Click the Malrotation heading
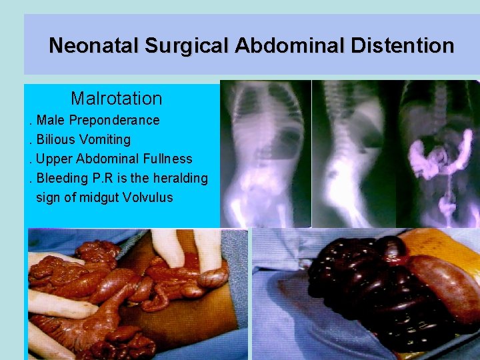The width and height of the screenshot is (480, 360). click(116, 99)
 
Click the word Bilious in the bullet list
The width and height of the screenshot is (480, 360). click(56, 140)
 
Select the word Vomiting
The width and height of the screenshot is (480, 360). click(105, 140)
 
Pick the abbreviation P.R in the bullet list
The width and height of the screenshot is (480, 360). click(106, 179)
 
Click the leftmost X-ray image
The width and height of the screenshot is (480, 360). click(265, 153)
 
